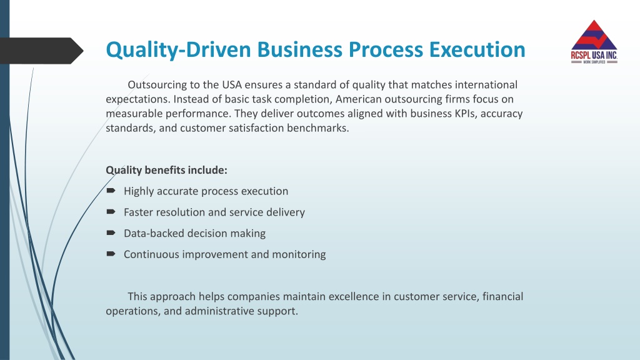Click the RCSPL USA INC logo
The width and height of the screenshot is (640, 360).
[x=594, y=42]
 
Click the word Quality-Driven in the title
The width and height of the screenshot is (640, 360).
[x=178, y=50]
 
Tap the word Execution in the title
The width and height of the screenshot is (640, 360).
[x=477, y=49]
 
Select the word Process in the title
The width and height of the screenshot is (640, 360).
[x=386, y=49]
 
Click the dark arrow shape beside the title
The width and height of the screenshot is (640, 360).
[x=42, y=51]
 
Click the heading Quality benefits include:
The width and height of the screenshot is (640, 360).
[x=166, y=170]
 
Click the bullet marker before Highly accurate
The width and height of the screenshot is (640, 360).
[x=111, y=191]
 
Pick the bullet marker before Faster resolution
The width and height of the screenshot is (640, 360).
[x=111, y=211]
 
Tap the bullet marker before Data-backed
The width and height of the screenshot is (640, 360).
[x=111, y=232]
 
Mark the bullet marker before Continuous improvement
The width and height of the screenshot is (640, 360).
[x=111, y=254]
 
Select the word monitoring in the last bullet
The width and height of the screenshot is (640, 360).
[x=299, y=255]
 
